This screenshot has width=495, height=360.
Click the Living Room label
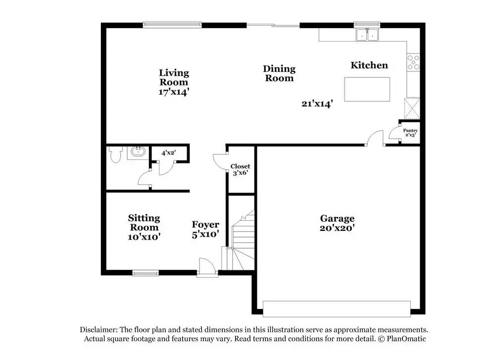coord(173,82)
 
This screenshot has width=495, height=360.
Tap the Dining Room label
coord(279,73)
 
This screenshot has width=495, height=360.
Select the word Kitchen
coord(369,65)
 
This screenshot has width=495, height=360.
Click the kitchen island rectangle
coord(367,90)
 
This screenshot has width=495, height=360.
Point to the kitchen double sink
coord(367,35)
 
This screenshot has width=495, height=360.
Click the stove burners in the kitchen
coord(413,62)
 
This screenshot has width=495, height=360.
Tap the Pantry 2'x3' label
coord(410,133)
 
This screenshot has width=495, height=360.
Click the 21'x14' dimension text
coord(317,103)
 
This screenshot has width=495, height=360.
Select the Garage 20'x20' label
coord(337,223)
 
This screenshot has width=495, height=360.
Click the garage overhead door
coord(337,309)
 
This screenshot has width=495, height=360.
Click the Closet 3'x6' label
coord(240,170)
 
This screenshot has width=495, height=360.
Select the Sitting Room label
coord(144,227)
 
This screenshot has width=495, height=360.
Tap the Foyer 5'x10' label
coord(205,229)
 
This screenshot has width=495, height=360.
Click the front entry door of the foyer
coord(207,269)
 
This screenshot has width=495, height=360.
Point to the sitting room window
coord(145,272)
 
